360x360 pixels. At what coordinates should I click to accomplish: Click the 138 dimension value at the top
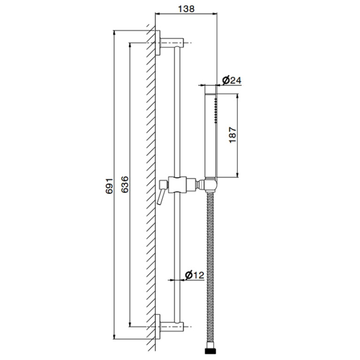[186, 9]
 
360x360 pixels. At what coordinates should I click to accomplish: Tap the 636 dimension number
[125, 184]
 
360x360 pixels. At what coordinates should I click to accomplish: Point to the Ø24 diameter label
[232, 80]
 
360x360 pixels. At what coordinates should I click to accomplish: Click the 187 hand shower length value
[233, 135]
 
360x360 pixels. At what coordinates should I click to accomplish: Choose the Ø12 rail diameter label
[194, 275]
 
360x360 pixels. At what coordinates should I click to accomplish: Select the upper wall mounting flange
[158, 43]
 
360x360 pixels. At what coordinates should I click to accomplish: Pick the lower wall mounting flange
[158, 327]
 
